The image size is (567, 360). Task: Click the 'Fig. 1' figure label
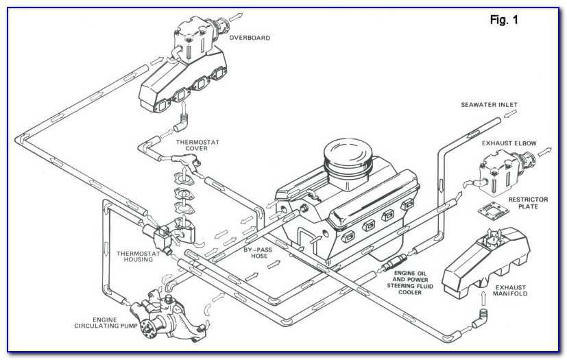click(x=504, y=21)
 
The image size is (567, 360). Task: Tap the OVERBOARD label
click(x=249, y=38)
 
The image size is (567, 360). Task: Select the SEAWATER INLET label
click(x=488, y=105)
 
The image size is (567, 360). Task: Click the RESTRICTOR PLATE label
click(x=528, y=204)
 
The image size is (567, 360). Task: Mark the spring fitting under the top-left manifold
click(x=184, y=124)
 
